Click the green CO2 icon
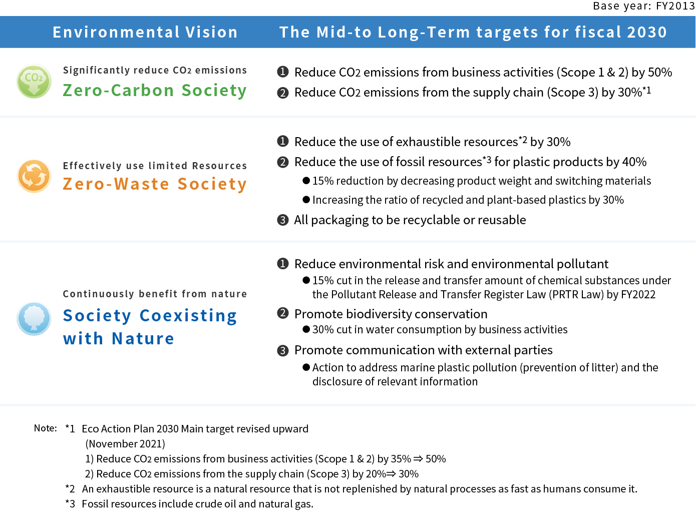(34, 81)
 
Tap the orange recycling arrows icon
(34, 176)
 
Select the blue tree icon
(34, 319)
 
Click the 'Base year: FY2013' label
(644, 6)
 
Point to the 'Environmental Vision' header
(145, 32)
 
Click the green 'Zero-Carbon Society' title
(155, 91)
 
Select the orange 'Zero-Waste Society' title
(155, 184)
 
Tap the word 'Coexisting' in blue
(188, 316)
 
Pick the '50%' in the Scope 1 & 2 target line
(660, 72)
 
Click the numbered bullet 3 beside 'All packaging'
(282, 220)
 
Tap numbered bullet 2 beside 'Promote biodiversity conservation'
(282, 313)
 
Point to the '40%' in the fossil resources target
(634, 162)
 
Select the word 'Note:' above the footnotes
(46, 428)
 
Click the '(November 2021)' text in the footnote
(125, 443)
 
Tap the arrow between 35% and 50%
(418, 459)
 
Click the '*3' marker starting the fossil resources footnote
(70, 503)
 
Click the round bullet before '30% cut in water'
(306, 329)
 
